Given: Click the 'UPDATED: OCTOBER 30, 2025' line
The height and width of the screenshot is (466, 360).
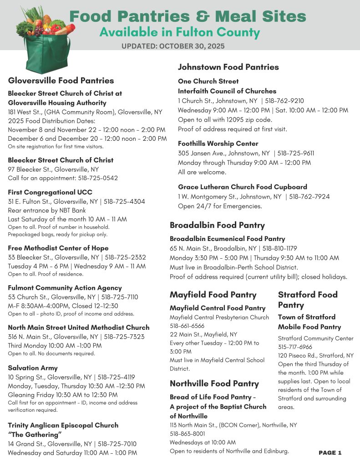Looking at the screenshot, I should (173, 46).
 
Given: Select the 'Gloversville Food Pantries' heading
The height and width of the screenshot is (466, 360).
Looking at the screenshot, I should (61, 81).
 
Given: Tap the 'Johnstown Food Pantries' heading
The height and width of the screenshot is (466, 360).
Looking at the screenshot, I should (228, 67).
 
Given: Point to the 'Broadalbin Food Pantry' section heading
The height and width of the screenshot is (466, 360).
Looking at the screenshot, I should (217, 225).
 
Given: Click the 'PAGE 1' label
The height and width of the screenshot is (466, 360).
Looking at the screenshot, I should (330, 452).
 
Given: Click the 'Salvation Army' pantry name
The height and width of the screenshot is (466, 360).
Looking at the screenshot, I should (33, 368).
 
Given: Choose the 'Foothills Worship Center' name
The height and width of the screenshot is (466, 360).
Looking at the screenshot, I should (218, 143).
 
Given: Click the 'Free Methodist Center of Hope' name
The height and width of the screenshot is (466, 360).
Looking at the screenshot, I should (58, 248).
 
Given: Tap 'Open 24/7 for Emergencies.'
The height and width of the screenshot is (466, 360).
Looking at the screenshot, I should (220, 206).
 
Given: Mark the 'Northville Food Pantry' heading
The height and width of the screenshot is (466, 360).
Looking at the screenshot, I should (214, 383).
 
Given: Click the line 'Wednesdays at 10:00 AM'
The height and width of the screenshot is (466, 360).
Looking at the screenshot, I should (203, 442).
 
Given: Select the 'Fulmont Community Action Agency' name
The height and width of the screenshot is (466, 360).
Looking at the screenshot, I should (65, 288).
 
